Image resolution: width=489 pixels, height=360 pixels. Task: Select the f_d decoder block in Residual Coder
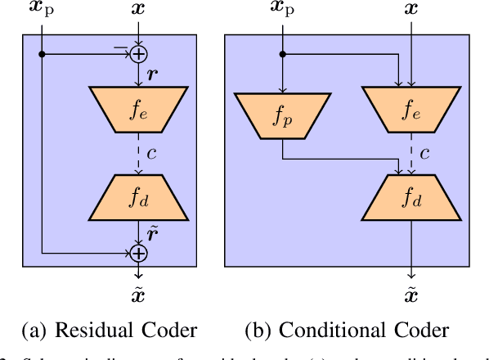point(139,199)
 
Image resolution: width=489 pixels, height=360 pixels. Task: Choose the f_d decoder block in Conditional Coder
point(410,199)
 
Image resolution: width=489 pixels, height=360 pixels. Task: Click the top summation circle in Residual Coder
point(139,55)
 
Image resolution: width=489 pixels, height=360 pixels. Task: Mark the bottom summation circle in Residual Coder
point(139,254)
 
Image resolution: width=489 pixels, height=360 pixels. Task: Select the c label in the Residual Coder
point(153,153)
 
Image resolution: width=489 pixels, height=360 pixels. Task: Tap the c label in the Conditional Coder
point(424,153)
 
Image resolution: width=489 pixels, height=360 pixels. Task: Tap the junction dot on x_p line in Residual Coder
point(41,55)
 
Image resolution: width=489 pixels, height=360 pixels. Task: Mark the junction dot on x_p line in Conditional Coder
point(282,55)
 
